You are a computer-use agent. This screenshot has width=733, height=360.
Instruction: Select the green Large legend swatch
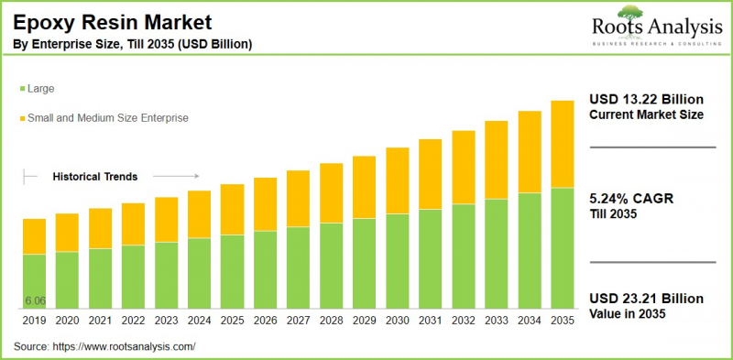(20, 89)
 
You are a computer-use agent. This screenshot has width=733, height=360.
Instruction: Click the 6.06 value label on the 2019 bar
(36, 301)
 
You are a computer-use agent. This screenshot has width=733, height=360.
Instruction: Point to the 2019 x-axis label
(34, 322)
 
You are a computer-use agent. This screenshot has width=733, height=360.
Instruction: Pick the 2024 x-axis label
(199, 322)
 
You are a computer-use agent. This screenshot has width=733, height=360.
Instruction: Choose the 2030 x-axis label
(397, 322)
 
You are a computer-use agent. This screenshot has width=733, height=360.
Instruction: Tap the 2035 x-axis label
(562, 322)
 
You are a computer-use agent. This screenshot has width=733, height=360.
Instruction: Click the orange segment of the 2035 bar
(562, 144)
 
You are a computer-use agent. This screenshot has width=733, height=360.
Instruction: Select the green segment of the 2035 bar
(562, 248)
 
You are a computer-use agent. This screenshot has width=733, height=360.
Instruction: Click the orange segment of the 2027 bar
(298, 198)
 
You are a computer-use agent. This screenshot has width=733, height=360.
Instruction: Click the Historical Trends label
(94, 176)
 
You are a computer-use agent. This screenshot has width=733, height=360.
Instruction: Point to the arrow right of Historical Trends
(176, 176)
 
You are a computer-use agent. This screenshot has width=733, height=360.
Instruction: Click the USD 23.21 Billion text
(646, 299)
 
